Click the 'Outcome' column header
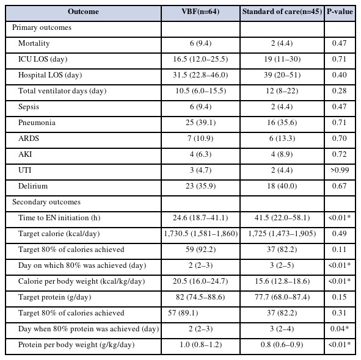[x=83, y=12]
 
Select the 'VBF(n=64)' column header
[x=200, y=12]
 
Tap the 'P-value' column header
[x=340, y=12]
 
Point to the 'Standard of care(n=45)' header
[x=282, y=12]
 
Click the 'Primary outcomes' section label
[x=42, y=27]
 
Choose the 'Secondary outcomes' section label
[x=46, y=202]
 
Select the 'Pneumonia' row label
[x=37, y=123]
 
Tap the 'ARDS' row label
[x=29, y=139]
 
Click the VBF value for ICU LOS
[x=200, y=59]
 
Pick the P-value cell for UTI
[x=340, y=170]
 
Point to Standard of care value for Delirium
[x=282, y=186]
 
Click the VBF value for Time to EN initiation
[x=200, y=218]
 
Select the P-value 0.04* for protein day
[x=340, y=329]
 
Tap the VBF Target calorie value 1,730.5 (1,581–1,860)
[x=200, y=234]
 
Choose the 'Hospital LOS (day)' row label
[x=50, y=75]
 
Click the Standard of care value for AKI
[x=282, y=154]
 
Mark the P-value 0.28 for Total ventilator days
[x=340, y=91]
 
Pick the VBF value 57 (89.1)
[x=183, y=313]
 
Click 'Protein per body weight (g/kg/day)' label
[x=76, y=345]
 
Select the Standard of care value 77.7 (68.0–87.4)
[x=282, y=297]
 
